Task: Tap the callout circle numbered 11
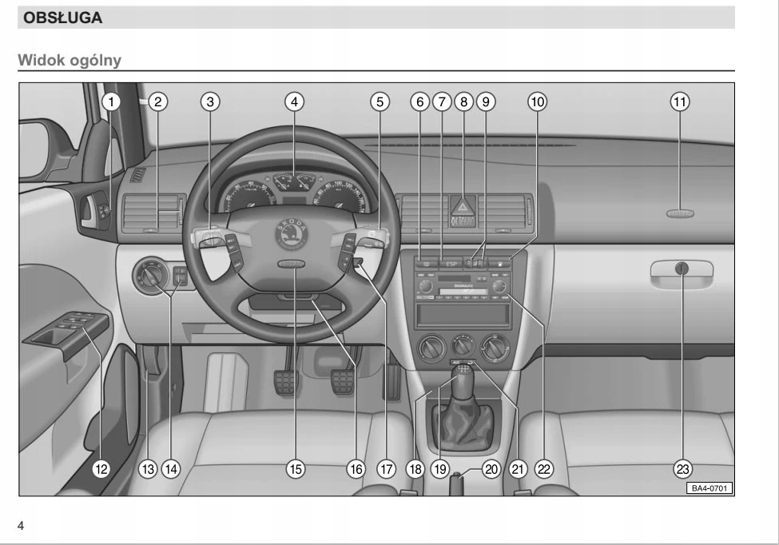(680, 101)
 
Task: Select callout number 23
(683, 468)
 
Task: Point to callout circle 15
(296, 468)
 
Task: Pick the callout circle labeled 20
(491, 468)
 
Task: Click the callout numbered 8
(463, 101)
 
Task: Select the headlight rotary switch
(151, 276)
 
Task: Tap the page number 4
(22, 525)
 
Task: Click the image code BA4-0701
(708, 487)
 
